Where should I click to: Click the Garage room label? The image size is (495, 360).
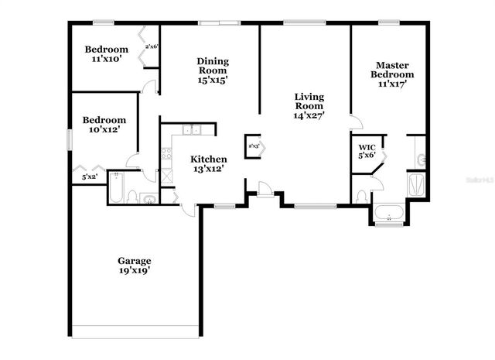coord(134,261)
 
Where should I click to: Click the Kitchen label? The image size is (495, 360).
coord(209,159)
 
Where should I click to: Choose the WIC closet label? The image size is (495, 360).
coord(367,146)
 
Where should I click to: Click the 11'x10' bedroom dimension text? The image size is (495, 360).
coord(105,59)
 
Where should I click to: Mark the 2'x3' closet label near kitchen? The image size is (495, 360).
coord(254,145)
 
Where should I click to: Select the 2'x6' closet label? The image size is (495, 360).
coord(152,46)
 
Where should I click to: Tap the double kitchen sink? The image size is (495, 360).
coord(191,130)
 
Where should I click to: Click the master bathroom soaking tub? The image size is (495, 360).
coord(388,212)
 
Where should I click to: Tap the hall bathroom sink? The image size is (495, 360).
coord(149,200)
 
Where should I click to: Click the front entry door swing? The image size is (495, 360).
coord(265,187)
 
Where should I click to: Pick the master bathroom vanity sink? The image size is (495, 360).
coord(420,159)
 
